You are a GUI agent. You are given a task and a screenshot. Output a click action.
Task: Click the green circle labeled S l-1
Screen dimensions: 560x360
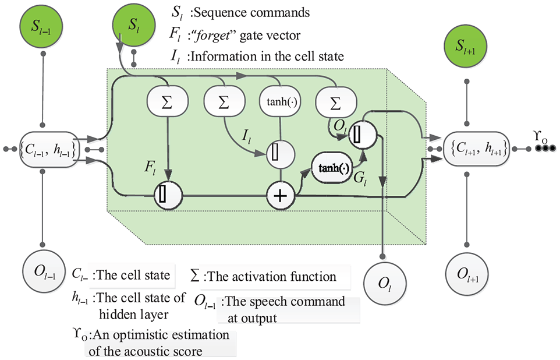pyautogui.click(x=42, y=26)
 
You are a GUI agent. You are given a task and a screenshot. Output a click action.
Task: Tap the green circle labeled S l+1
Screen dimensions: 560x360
pyautogui.click(x=466, y=46)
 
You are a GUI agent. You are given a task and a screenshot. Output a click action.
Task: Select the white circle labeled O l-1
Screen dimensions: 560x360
pyautogui.click(x=44, y=272)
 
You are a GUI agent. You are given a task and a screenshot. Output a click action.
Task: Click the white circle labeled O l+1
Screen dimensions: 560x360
pyautogui.click(x=467, y=274)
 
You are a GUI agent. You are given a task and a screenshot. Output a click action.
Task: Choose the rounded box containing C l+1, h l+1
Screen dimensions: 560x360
pyautogui.click(x=476, y=149)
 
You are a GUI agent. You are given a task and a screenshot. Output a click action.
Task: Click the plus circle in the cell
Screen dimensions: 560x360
pyautogui.click(x=281, y=196)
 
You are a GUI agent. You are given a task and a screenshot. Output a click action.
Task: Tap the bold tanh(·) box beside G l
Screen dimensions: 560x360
pyautogui.click(x=332, y=168)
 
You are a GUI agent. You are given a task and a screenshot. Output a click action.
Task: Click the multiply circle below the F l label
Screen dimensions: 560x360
pyautogui.click(x=168, y=195)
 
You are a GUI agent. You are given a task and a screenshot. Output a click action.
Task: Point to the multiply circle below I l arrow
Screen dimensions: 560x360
pyautogui.click(x=281, y=154)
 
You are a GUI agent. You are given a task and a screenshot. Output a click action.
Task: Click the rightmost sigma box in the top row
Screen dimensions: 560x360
pyautogui.click(x=336, y=103)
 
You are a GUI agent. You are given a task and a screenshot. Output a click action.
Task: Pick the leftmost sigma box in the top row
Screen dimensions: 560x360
pyautogui.click(x=167, y=103)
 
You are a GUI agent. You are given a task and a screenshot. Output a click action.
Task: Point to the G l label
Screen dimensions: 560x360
pyautogui.click(x=360, y=178)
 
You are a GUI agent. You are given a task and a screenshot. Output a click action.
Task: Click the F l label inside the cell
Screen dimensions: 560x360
pyautogui.click(x=150, y=167)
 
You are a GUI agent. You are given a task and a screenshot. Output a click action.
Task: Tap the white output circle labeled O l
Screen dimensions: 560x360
pyautogui.click(x=385, y=284)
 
